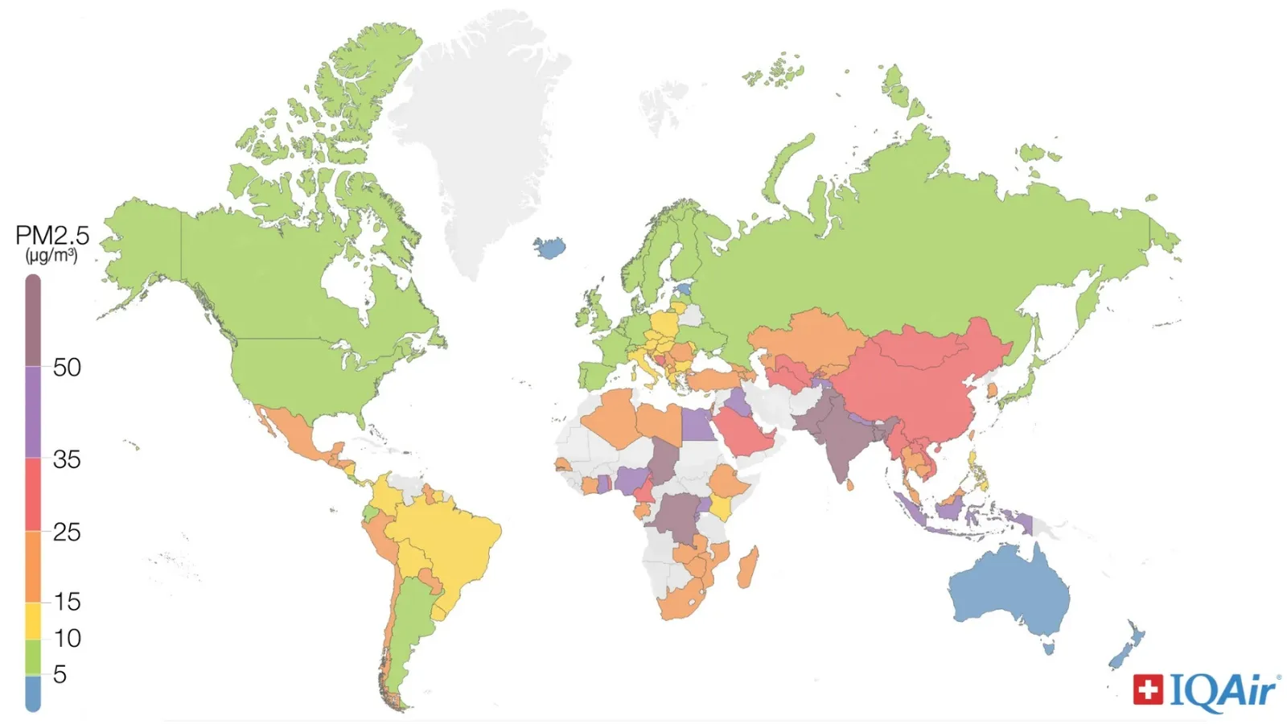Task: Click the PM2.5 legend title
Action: (x=52, y=236)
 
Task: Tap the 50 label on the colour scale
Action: (x=67, y=368)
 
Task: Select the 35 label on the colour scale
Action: (x=67, y=459)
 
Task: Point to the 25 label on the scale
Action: (x=67, y=532)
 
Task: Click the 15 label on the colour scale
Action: (x=67, y=601)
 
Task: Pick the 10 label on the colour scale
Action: (x=67, y=638)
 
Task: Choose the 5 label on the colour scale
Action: (x=60, y=674)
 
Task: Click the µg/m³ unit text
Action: (x=51, y=256)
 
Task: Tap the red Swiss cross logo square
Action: (x=1148, y=689)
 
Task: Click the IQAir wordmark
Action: (x=1223, y=691)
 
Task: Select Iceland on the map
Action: (x=550, y=248)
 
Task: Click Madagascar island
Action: (x=747, y=569)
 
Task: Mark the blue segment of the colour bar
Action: (x=33, y=693)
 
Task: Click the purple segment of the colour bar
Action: (x=33, y=412)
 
